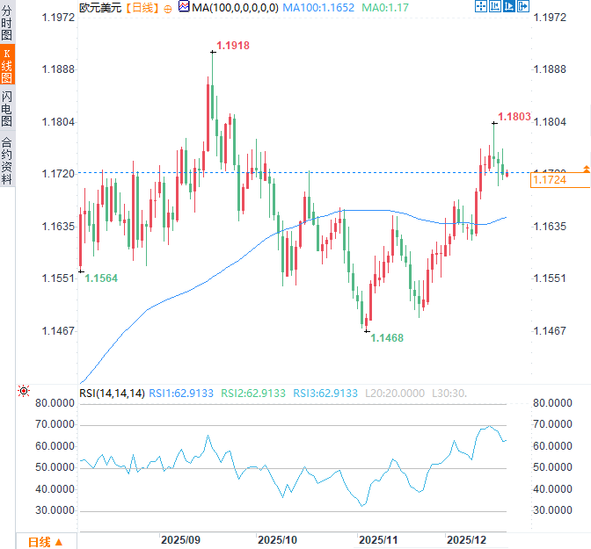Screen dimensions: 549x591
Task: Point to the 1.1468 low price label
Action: tap(387, 337)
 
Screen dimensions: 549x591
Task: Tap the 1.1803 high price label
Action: tap(514, 116)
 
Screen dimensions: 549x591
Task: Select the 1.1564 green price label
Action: tap(101, 278)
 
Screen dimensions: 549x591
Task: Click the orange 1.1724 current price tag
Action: tap(550, 180)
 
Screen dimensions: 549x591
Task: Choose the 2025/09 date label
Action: tap(181, 538)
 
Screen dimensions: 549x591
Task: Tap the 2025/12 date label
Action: tap(467, 538)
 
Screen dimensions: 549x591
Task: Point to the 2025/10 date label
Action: tap(278, 538)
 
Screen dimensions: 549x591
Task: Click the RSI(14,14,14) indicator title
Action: tap(112, 393)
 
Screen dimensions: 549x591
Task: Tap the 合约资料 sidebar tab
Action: tap(7, 161)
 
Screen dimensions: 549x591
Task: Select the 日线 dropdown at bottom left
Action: tap(45, 541)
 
